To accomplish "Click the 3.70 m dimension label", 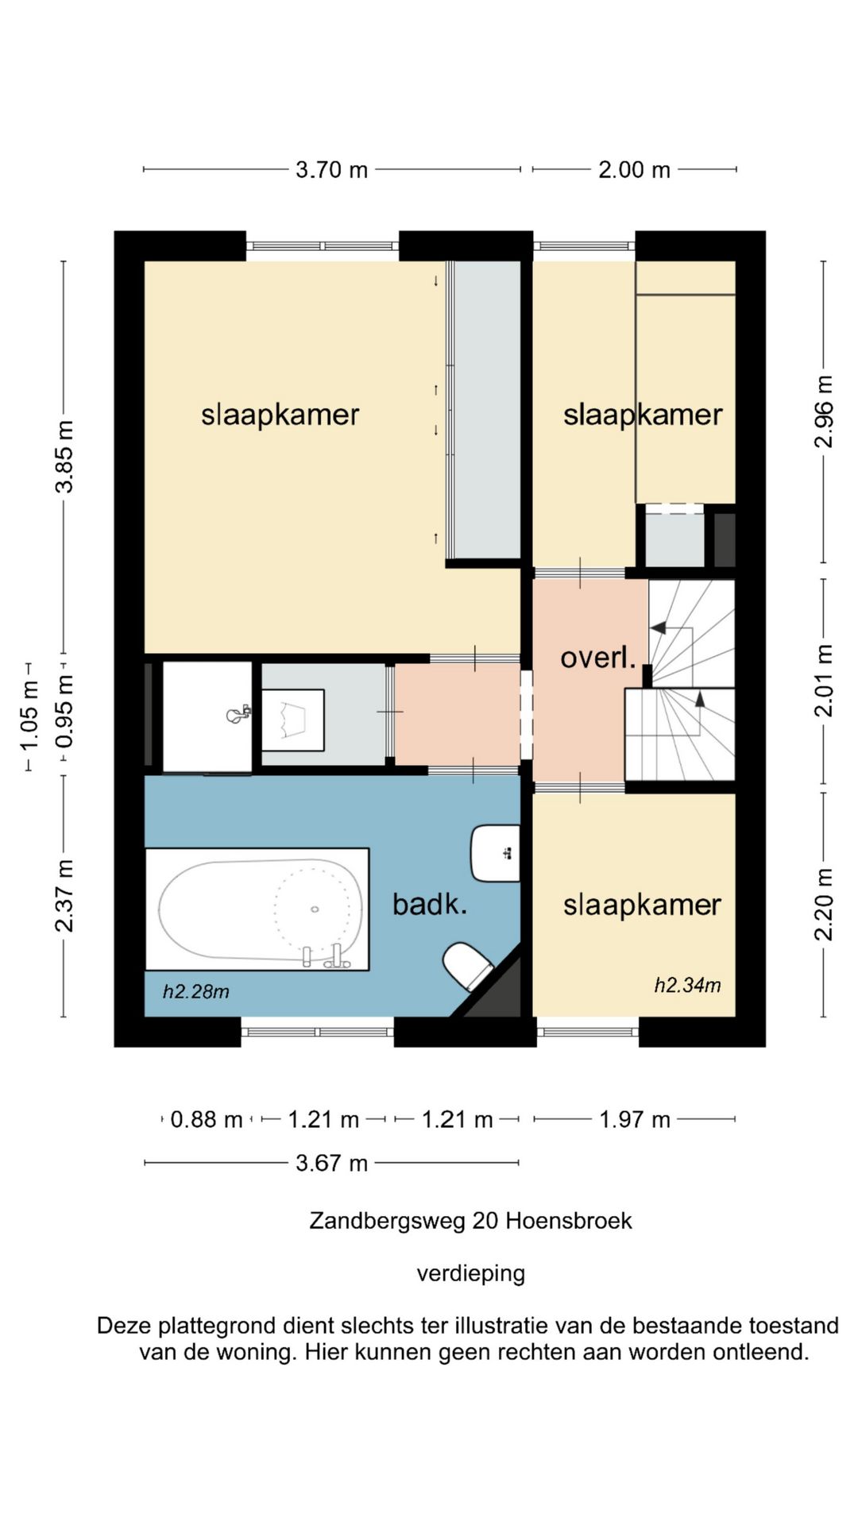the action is coord(331,169).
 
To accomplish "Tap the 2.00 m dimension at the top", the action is coord(634,169).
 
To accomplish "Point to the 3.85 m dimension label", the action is coord(64,457).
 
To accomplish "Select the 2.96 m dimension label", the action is coord(824,412).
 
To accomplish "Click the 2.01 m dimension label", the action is coord(824,681).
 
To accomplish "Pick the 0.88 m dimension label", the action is coord(207,1119).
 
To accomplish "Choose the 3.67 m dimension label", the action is coord(331,1163).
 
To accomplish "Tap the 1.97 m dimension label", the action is coord(635,1119).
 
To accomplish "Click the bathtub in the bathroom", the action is coord(257,909).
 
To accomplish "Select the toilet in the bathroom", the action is coord(468,965).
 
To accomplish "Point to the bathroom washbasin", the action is coord(495,854).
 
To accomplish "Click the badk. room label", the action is coord(430,904).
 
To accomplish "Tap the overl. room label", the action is coord(598,658).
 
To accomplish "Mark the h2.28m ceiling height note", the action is coord(196,991).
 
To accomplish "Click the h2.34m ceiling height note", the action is coord(687,986).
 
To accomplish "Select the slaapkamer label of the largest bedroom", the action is coord(280,415).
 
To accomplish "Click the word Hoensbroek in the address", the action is coord(569,1221).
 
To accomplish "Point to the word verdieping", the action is coord(471,1274).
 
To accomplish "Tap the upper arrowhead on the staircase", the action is coord(658,627).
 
